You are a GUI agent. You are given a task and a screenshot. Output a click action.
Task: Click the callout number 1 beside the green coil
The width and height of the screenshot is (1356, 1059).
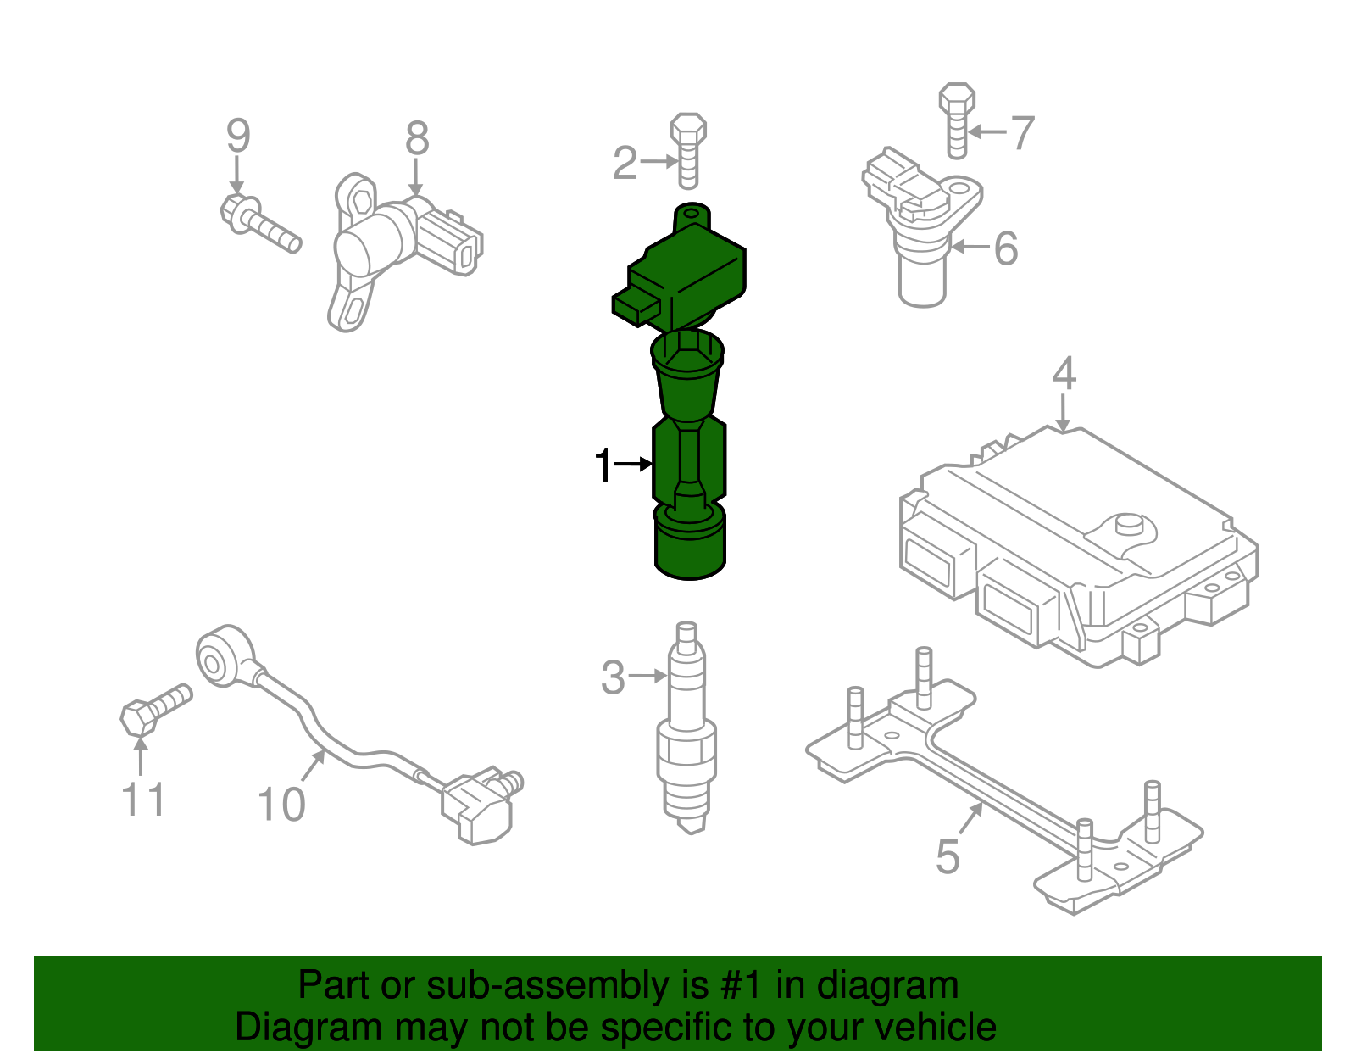(603, 465)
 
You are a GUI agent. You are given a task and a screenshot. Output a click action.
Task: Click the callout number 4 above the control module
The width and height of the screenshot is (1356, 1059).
(1064, 374)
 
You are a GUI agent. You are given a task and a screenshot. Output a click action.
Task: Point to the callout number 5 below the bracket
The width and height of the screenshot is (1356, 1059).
(948, 856)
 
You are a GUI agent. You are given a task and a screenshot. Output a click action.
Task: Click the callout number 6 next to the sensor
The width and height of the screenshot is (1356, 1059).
(1005, 248)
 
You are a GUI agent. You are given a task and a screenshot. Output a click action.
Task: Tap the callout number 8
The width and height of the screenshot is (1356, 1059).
(417, 138)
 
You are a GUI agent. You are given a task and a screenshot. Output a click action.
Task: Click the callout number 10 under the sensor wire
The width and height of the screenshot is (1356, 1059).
(281, 804)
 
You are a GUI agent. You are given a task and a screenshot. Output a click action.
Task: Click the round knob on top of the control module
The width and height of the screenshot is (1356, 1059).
(1127, 524)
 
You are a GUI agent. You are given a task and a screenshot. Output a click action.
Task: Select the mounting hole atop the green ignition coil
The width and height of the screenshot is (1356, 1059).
(692, 209)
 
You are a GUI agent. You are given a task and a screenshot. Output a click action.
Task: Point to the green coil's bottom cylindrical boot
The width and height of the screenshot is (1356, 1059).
(690, 547)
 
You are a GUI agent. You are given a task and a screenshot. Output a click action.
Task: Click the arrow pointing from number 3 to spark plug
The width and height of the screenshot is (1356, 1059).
(649, 676)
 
